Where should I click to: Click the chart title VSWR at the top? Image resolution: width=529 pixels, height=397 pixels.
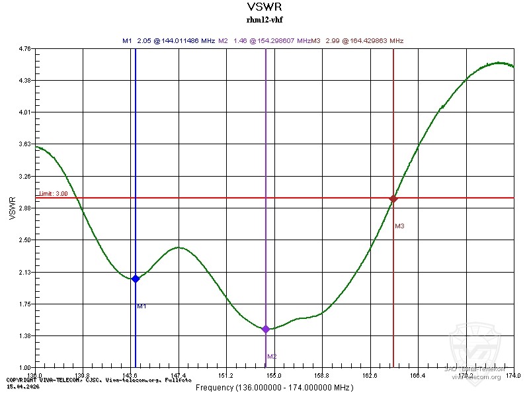point(264,7)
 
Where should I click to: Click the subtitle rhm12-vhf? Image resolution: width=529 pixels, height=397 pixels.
point(264,19)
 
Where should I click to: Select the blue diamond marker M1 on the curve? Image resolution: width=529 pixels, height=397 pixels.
point(136,279)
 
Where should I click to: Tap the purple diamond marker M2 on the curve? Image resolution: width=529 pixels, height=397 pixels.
point(266,329)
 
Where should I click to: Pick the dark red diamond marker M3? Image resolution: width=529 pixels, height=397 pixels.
point(393,198)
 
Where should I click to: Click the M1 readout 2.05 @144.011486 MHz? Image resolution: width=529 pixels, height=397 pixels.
point(169,40)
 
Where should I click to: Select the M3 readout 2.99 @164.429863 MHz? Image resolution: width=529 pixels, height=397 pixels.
point(362,40)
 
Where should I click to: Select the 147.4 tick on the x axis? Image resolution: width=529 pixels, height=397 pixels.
point(179,375)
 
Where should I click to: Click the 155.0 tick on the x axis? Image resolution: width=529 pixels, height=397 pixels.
point(274,375)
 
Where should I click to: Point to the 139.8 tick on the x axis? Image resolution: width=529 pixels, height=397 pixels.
point(83,375)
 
